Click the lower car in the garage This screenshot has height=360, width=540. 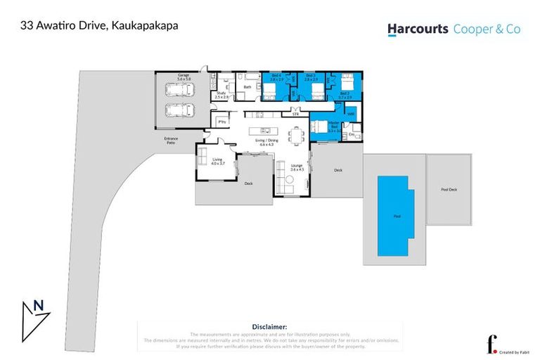tap(178, 111)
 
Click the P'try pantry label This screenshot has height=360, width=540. tap(222, 122)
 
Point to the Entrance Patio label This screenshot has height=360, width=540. tap(171, 141)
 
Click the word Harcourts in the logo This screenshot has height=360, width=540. tap(417, 29)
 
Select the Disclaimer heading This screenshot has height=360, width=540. tap(269, 327)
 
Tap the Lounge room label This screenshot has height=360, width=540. tap(297, 167)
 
